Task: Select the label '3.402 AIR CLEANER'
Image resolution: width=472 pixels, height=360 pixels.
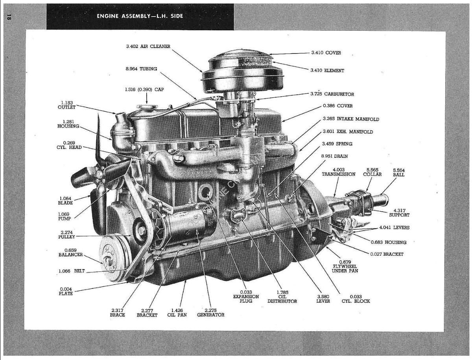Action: (148, 46)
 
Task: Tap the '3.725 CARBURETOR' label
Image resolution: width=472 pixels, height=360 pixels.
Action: (332, 94)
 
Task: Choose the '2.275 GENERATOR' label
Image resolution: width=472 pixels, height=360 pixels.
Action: (211, 312)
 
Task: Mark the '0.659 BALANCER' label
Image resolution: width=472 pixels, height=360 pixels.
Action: (71, 252)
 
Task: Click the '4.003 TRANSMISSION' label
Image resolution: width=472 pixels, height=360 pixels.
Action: (338, 172)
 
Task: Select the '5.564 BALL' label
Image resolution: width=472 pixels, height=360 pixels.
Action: (398, 172)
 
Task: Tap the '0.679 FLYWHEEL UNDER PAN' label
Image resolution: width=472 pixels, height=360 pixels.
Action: (345, 266)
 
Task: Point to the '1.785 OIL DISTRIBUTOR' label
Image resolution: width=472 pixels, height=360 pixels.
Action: (282, 297)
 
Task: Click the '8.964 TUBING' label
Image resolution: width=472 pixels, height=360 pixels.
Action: (141, 69)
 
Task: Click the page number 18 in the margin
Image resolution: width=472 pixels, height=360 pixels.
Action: (9, 17)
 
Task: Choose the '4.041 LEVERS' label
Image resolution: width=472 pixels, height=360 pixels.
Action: (394, 228)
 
